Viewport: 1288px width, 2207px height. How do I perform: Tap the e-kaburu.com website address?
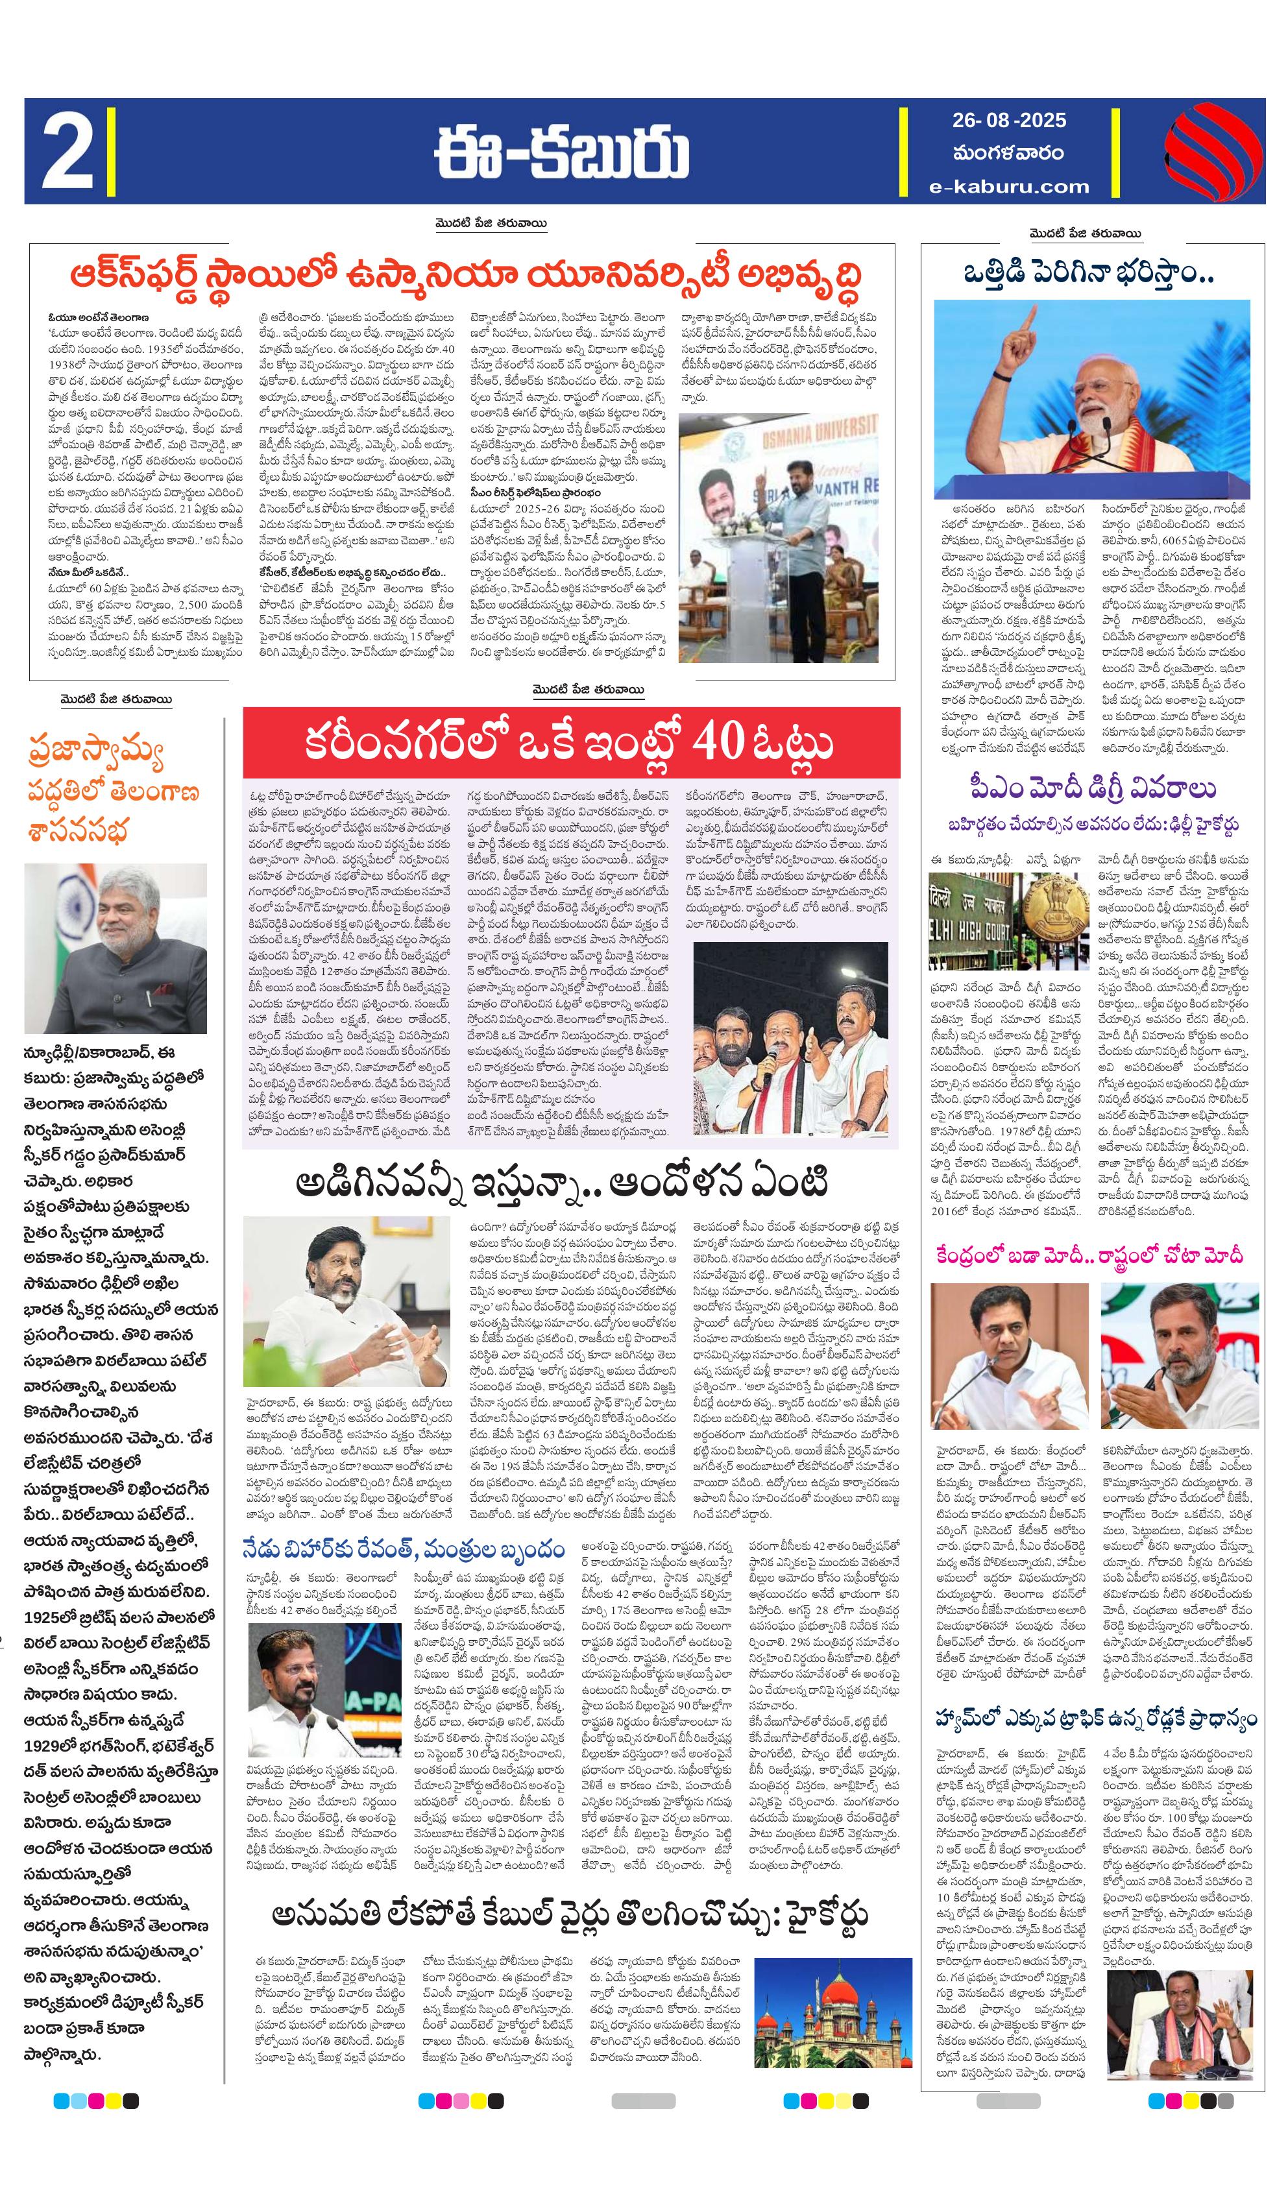coord(1010,186)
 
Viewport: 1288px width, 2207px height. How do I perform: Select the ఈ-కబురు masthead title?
coord(561,152)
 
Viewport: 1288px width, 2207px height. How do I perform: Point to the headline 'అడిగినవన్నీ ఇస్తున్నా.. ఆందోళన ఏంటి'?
coord(561,1184)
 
